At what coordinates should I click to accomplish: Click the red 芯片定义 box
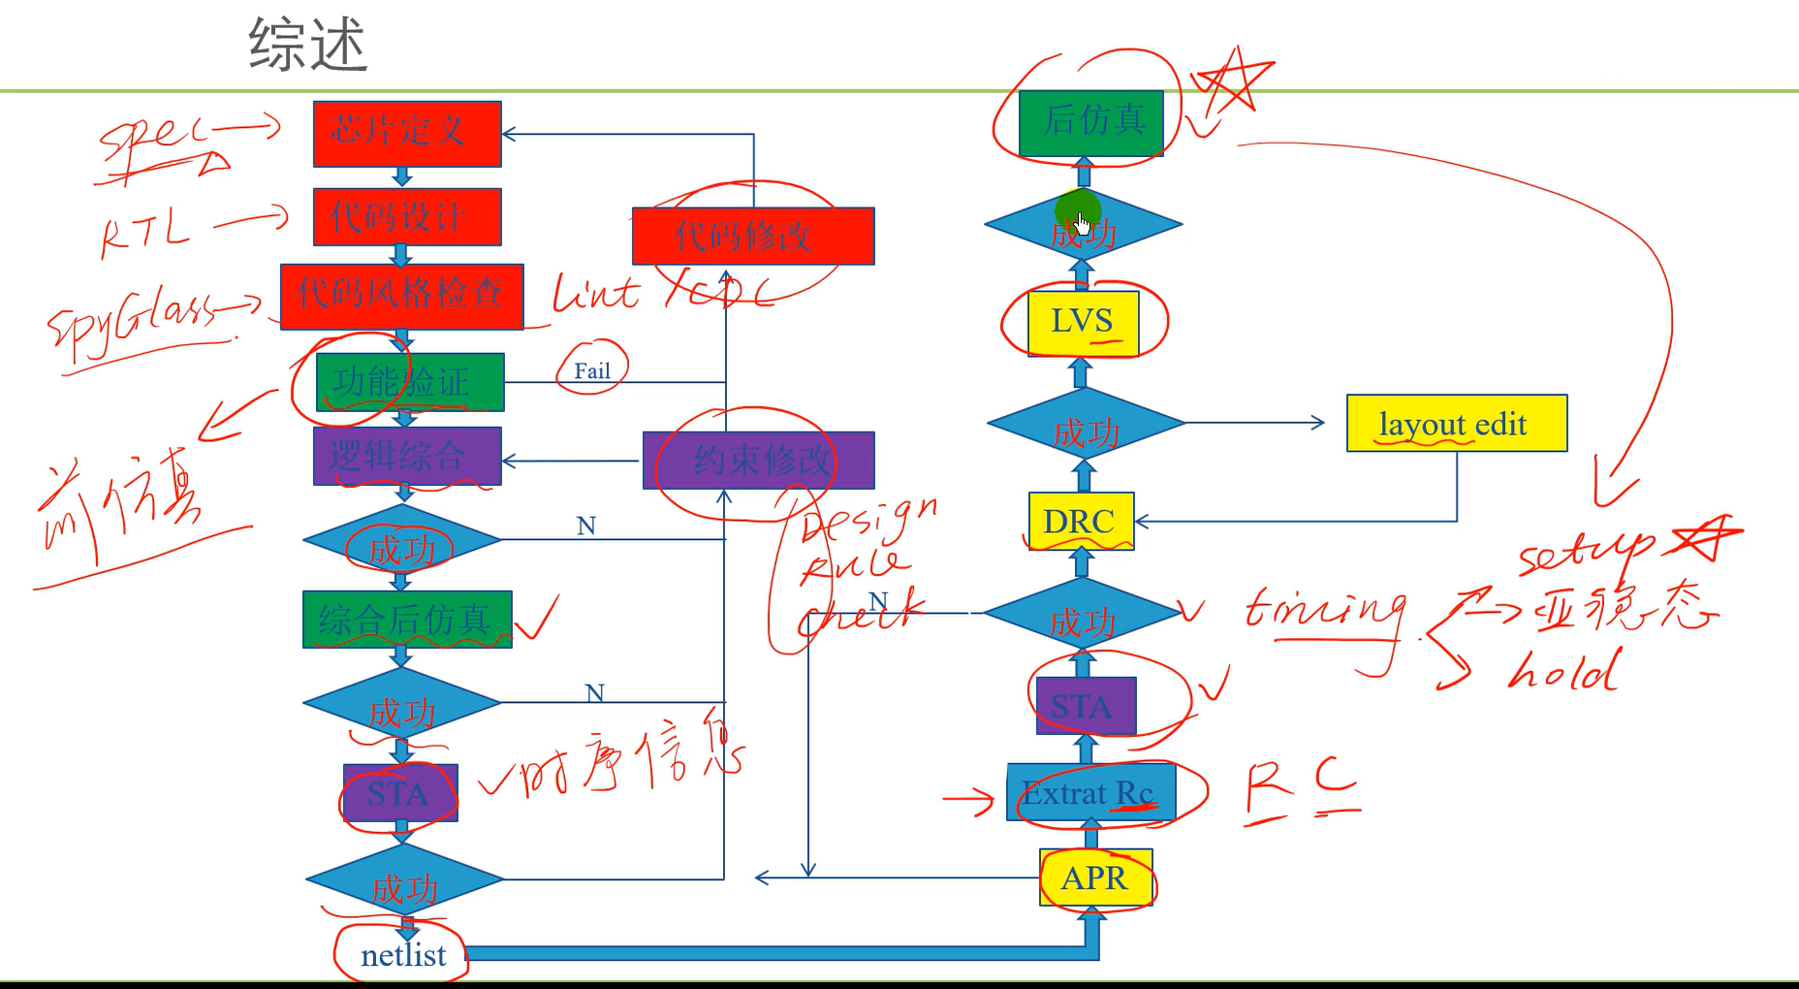click(407, 133)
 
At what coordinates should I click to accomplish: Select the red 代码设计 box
click(407, 216)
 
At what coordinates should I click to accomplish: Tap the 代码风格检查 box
click(401, 296)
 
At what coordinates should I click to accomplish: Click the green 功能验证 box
click(410, 382)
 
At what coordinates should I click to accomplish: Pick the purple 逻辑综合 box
click(407, 456)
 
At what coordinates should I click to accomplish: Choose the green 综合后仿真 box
click(407, 619)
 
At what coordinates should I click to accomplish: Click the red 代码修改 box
click(753, 236)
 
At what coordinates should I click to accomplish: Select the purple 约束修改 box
click(759, 461)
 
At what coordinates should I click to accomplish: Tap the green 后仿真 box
click(1090, 122)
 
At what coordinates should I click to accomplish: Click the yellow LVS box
click(1083, 323)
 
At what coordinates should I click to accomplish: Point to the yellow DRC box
click(1081, 522)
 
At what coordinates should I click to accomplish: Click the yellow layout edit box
click(1456, 424)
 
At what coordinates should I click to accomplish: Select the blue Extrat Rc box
click(1090, 793)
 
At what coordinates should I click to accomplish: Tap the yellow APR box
click(1095, 877)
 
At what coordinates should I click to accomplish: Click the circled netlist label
click(402, 956)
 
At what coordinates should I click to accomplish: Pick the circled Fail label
click(592, 370)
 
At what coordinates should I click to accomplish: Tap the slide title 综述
click(308, 46)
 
